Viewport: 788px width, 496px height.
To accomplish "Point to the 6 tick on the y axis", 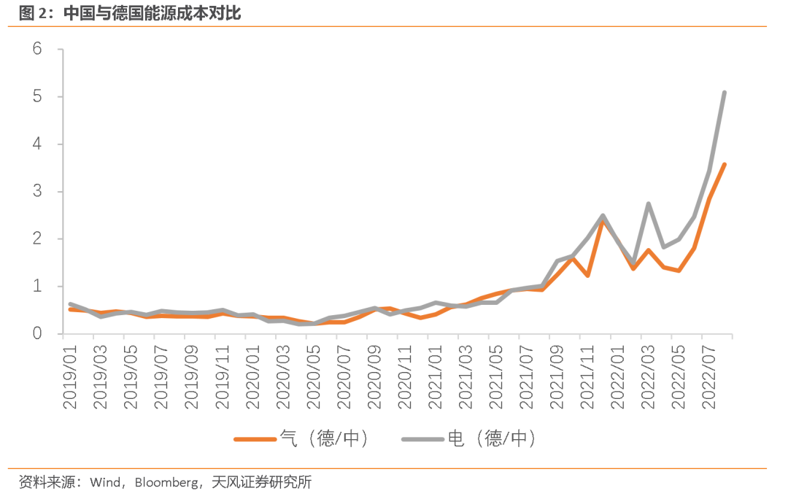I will click(37, 49).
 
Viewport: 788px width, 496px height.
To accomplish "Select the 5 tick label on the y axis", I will click(37, 96).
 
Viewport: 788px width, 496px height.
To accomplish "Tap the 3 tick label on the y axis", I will click(37, 191).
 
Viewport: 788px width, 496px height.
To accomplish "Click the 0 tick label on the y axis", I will click(37, 333).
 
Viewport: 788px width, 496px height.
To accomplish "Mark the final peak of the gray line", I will click(724, 93).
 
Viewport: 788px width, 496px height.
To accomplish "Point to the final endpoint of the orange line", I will click(724, 164).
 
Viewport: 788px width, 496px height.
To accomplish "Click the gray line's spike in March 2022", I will click(648, 204).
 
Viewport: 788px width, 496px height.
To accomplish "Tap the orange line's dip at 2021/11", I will click(587, 276).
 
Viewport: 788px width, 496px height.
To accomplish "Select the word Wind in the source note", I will click(105, 482).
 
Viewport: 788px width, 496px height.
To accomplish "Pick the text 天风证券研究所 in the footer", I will click(261, 482).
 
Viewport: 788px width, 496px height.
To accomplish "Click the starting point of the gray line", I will click(70, 304).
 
